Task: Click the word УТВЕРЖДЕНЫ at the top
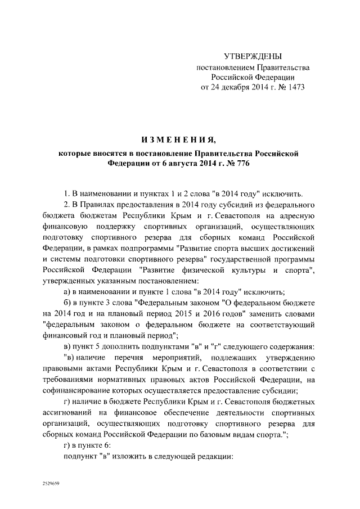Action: point(253,56)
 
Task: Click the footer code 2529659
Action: point(51,483)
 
